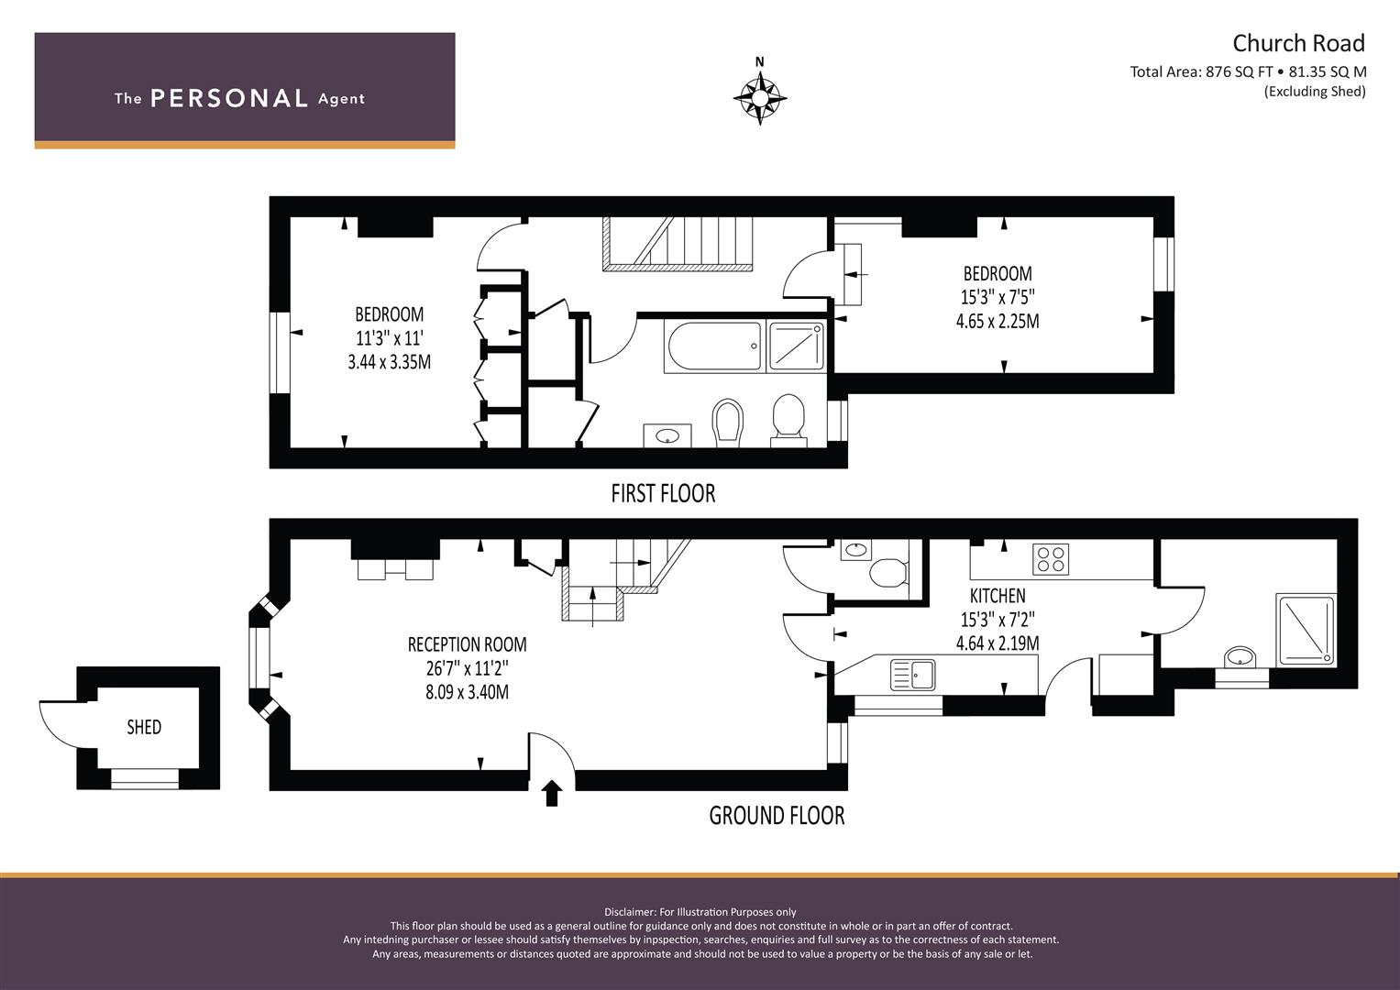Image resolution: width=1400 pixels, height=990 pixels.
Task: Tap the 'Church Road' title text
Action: click(1298, 43)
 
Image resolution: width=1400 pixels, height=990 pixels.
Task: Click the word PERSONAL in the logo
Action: click(229, 98)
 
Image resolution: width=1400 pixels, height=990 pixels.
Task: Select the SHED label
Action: click(144, 727)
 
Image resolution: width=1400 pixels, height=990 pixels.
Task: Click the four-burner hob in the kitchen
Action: click(1051, 559)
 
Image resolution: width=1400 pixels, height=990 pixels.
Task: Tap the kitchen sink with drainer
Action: click(913, 675)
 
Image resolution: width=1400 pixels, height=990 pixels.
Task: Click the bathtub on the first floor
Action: click(715, 346)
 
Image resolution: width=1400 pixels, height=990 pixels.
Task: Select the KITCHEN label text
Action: click(998, 596)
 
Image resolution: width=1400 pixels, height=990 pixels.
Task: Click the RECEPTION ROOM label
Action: click(467, 644)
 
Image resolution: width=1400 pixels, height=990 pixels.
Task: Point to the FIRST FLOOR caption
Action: click(663, 494)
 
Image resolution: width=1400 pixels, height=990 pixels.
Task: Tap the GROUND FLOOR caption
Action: click(777, 816)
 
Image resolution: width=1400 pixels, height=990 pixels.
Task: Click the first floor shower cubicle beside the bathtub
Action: click(796, 346)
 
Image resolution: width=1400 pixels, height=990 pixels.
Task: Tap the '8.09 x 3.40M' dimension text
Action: click(467, 692)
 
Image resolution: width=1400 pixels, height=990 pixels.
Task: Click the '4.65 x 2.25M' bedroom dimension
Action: click(998, 321)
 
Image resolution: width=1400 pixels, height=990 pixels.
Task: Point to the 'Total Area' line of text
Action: click(1248, 71)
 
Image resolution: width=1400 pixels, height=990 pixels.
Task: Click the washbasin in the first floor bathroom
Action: click(667, 435)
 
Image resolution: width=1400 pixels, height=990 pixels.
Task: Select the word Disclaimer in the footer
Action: click(629, 912)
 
